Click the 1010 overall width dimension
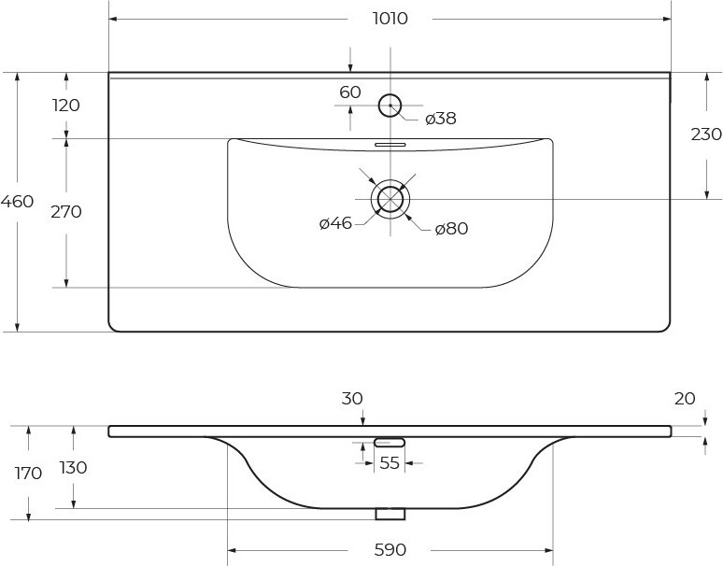point(390,19)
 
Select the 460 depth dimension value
point(17,202)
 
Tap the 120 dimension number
point(66,106)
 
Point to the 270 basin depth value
point(66,212)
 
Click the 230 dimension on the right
point(706,134)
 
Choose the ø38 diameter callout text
point(441,119)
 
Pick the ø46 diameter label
point(335,223)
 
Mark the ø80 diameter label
point(451,228)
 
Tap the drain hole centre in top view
point(390,199)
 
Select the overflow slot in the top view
point(390,145)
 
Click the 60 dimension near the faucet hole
point(350,92)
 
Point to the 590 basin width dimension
point(390,549)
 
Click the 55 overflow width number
point(390,462)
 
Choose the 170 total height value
point(28,473)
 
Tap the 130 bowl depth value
point(73,467)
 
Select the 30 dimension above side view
point(352,398)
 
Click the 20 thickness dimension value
point(685,398)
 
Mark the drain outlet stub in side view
point(390,514)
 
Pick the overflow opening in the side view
point(390,443)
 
